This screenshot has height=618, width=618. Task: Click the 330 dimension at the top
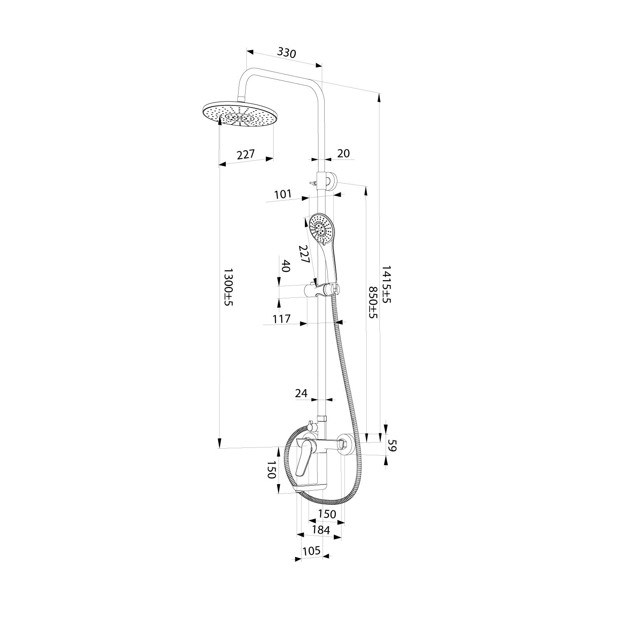click(x=286, y=53)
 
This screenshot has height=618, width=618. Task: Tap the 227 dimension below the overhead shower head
click(x=246, y=155)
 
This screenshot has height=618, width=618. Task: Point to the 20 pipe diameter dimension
click(x=343, y=153)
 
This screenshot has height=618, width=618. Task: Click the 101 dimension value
click(x=283, y=194)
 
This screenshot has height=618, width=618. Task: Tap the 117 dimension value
click(x=282, y=318)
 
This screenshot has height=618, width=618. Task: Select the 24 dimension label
click(x=301, y=393)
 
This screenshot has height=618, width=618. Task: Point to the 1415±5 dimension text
click(x=386, y=284)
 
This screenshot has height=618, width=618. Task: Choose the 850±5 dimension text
click(x=373, y=303)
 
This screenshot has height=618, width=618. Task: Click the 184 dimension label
click(x=321, y=530)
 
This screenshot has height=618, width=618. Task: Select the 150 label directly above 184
click(x=327, y=514)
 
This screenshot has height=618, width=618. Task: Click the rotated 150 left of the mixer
click(x=271, y=470)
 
